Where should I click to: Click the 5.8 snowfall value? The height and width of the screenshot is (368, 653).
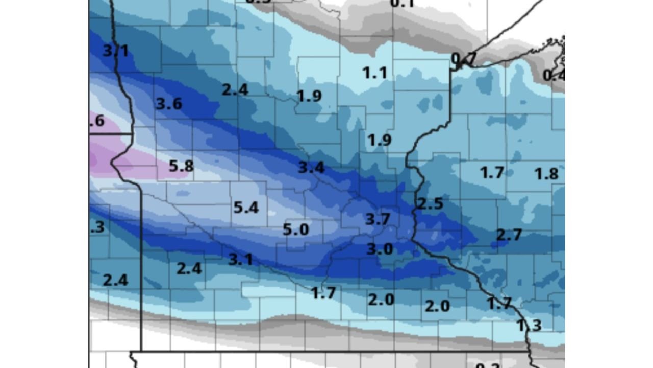pos(181,166)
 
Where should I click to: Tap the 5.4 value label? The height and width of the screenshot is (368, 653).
pos(246,208)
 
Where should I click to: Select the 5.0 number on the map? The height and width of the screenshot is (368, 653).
pos(296,229)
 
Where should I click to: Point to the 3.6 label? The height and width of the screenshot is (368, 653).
pos(169,104)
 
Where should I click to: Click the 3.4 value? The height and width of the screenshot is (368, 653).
pos(311,167)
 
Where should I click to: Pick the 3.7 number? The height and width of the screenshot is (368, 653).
pos(378,219)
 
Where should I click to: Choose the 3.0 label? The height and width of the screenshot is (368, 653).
pos(380,249)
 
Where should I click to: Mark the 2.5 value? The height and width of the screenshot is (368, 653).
pos(430,203)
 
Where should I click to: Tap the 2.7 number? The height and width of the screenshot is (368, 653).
pos(509,235)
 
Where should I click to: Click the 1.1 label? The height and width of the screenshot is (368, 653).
pos(374,73)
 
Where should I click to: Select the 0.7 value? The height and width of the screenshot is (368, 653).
pos(463,59)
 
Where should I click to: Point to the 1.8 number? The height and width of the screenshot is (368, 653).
pos(546,174)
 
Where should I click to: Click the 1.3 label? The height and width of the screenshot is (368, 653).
pos(529,325)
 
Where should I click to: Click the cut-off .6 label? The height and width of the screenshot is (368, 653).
pos(97,121)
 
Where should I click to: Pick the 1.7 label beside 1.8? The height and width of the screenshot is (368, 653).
pos(492,173)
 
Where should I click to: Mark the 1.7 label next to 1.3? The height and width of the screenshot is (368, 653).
pos(499,304)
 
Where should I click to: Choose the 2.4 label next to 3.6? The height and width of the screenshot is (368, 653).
pos(235,89)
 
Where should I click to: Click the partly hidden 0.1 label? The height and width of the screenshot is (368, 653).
pos(402,4)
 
